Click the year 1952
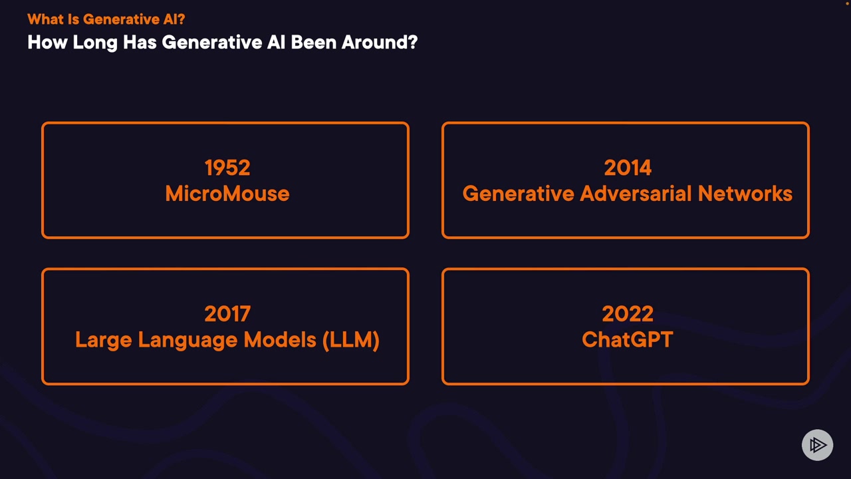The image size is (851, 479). [x=227, y=168]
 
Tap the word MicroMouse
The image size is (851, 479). [x=227, y=193]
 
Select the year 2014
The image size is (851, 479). [x=628, y=168]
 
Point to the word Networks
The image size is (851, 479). [x=745, y=193]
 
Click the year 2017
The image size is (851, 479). [x=227, y=313]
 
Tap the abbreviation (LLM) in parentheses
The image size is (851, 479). [x=350, y=340]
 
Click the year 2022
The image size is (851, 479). [x=628, y=313]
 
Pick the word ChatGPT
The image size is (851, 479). [x=628, y=339]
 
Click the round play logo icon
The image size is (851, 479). [x=817, y=445]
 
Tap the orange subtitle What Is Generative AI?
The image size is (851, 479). [x=106, y=19]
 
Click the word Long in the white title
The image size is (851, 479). [x=95, y=43]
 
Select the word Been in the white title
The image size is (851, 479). [x=313, y=42]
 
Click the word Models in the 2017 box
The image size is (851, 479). [x=280, y=339]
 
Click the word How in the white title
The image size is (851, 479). [x=47, y=42]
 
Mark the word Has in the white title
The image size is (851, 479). [x=140, y=42]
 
